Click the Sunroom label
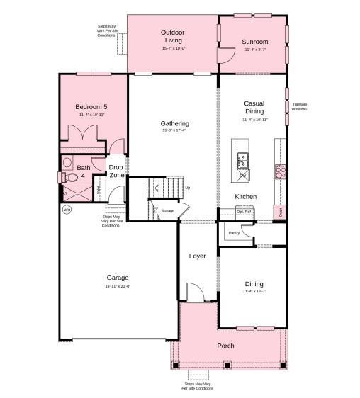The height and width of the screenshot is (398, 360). pos(254,42)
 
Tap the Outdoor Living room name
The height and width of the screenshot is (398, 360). pos(172,36)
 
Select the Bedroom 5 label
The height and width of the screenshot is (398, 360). pos(91,107)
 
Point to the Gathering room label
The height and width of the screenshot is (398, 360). pos(174,124)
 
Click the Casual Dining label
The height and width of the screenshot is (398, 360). pos(254,107)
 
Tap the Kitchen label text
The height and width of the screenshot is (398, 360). pos(245,196)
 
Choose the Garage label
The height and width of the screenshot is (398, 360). pos(118,278)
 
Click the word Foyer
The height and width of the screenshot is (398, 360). pos(197,256)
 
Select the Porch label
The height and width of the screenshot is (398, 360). pos(226,346)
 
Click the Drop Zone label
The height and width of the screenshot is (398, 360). pos(116,171)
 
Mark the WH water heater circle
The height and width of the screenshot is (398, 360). pos(67,210)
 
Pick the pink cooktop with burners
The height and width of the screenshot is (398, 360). pos(281,170)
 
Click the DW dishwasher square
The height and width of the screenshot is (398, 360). pos(242,175)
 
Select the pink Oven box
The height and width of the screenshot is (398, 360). pos(281,211)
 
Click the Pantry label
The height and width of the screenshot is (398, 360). pos(234,232)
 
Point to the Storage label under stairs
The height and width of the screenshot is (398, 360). pos(167,210)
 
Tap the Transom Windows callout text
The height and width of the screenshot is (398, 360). pos(299,106)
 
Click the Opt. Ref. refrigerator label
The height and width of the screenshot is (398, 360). pos(244,212)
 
